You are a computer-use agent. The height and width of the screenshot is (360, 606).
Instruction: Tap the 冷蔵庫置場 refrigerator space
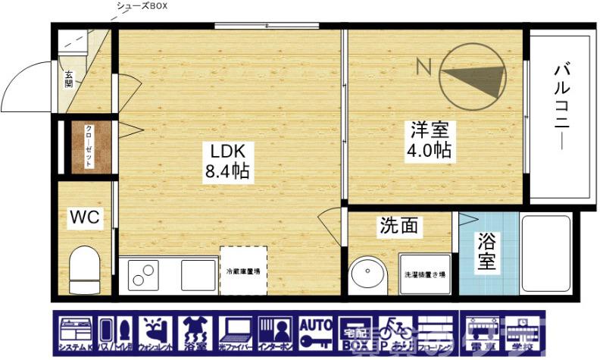pyautogui.click(x=243, y=270)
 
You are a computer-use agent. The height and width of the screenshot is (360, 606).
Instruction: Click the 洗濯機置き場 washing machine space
pyautogui.click(x=425, y=274)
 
